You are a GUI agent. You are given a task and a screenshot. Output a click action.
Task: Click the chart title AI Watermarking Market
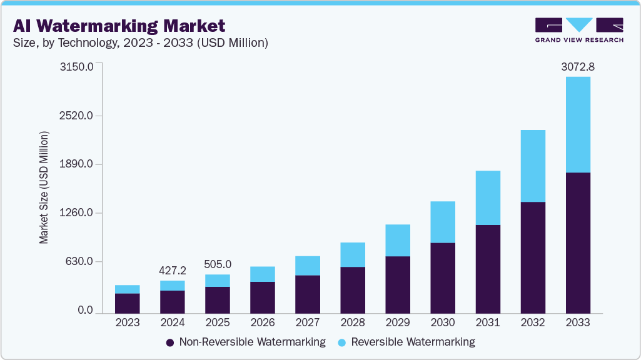point(119,26)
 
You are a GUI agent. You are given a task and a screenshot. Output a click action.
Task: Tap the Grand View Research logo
point(579,30)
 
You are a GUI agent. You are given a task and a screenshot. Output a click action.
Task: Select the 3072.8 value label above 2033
point(577,66)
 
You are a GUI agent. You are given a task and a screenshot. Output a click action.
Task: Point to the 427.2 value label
point(173,270)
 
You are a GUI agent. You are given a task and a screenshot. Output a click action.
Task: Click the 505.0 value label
point(218,264)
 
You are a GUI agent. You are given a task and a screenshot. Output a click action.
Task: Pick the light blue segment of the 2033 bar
point(577,124)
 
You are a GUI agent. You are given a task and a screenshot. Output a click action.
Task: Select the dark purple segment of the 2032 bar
point(532,257)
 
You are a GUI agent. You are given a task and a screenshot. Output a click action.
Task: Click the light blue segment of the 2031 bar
point(487,197)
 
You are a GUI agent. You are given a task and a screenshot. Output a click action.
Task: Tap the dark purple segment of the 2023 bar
point(128,303)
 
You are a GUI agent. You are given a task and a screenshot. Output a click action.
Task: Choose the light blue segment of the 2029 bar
point(397,240)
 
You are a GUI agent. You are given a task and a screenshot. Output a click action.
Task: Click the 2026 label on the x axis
point(263,322)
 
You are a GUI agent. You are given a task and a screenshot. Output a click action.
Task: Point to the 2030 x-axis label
point(443,322)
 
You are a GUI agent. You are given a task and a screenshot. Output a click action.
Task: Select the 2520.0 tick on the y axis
point(76,116)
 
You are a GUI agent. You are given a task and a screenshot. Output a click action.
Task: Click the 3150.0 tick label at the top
point(76,66)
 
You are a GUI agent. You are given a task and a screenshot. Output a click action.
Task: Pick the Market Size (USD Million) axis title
point(44,187)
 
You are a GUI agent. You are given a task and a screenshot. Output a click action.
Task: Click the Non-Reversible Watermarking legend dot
point(170,342)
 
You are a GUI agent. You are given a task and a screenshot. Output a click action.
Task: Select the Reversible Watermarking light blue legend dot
point(342,342)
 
